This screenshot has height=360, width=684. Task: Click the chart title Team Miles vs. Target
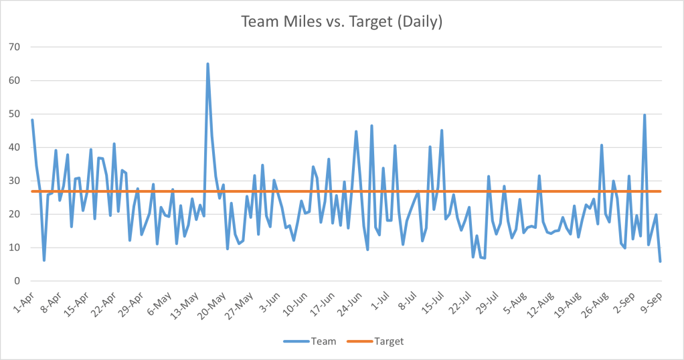point(342,21)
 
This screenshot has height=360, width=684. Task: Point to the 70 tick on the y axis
point(14,47)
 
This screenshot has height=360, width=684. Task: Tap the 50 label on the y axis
point(14,114)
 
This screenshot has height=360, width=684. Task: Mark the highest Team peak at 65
point(207,64)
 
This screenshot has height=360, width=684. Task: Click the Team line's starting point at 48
point(32,120)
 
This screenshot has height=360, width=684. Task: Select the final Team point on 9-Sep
point(660,261)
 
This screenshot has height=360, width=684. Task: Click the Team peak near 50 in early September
point(645,115)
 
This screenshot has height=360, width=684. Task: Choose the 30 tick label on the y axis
point(14,181)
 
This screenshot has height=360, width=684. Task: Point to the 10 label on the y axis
point(14,248)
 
